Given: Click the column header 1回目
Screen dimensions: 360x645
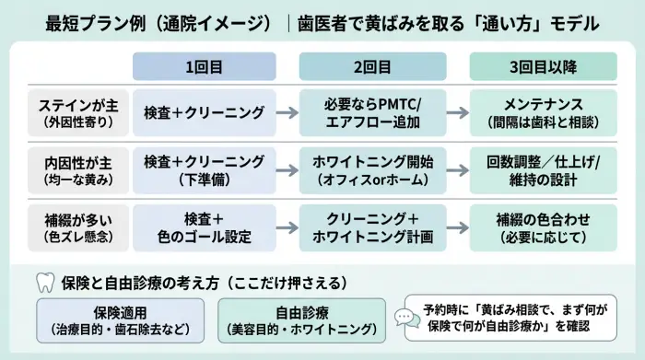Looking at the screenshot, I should tap(204, 66).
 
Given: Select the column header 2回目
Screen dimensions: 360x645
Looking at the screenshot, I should tap(371, 66).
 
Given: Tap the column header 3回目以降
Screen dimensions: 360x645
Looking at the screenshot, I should tap(543, 66).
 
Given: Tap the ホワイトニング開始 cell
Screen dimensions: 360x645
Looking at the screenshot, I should tap(371, 169).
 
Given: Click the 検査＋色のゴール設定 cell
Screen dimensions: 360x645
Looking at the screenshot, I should tap(204, 227).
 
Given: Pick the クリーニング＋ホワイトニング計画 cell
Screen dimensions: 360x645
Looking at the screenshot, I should tap(371, 227).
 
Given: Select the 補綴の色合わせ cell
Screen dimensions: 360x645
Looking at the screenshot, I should tap(543, 227).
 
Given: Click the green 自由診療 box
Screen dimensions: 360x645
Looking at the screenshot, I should tap(302, 319).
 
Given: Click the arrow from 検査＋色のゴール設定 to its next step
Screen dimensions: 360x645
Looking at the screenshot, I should tap(287, 227).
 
